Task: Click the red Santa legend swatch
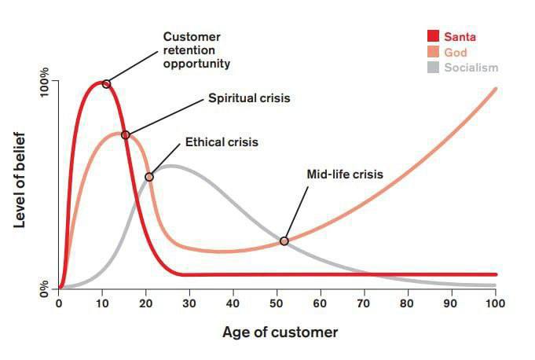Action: click(433, 36)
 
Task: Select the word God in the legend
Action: click(455, 52)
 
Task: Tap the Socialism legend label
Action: click(471, 68)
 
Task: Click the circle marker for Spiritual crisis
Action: click(126, 135)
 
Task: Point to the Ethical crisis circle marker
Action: click(149, 177)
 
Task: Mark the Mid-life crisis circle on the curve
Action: click(284, 241)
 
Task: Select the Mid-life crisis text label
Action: click(344, 174)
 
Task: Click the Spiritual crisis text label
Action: click(249, 99)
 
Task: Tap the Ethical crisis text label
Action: click(222, 142)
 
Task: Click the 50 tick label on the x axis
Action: click(277, 304)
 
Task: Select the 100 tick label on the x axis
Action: click(495, 304)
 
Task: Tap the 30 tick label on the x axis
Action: click(189, 304)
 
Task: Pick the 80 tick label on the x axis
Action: click(408, 304)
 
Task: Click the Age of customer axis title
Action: click(280, 332)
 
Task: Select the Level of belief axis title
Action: click(21, 181)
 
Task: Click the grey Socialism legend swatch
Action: click(433, 68)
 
